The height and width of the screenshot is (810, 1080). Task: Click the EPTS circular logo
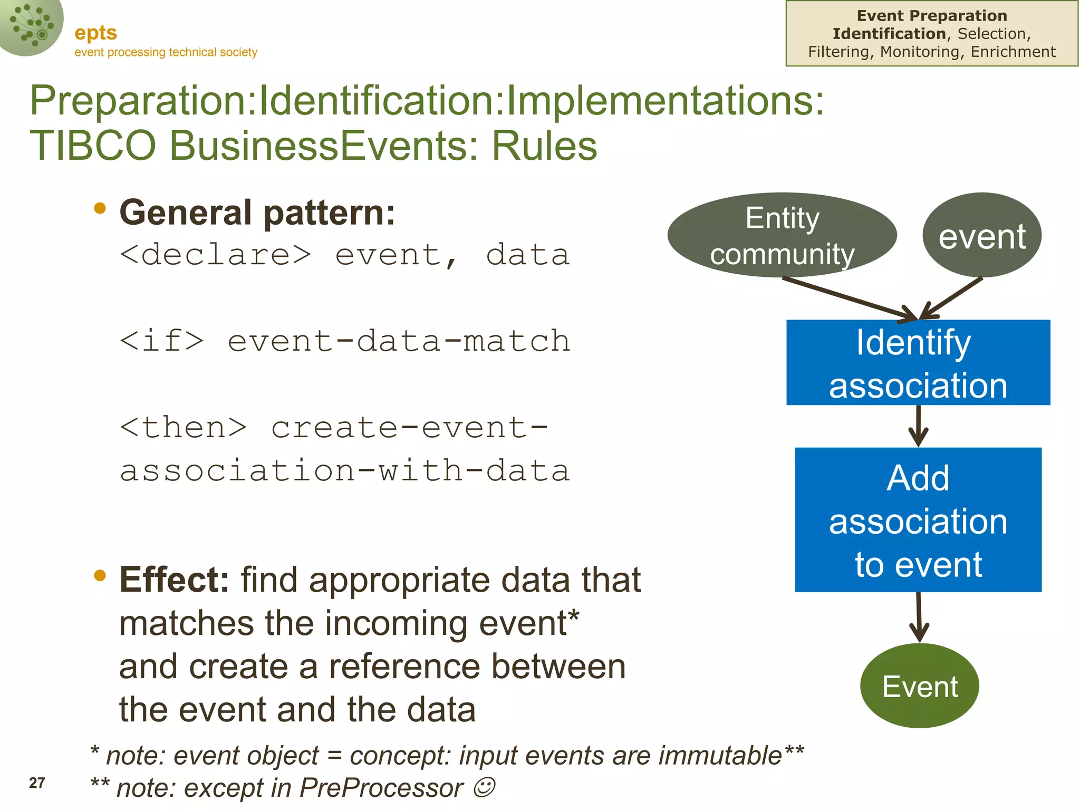point(31,25)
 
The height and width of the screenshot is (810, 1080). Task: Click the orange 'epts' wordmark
point(95,33)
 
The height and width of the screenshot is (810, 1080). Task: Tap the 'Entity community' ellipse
point(782,235)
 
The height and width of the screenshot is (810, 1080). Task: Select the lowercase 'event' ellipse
point(981,235)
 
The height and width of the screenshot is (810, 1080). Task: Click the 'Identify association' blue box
point(918,362)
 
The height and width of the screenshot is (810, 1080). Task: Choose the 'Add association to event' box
point(918,519)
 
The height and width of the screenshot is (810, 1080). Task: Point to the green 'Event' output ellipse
point(919,686)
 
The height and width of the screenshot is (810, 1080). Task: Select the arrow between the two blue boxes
point(918,426)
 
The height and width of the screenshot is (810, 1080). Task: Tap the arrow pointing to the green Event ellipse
point(919,616)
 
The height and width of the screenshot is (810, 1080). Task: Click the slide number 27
point(37,783)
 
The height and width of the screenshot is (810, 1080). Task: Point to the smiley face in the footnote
point(484,787)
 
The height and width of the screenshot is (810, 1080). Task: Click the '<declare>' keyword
point(215,255)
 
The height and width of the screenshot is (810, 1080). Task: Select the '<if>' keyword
point(161,341)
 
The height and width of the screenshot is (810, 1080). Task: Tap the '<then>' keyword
point(183,427)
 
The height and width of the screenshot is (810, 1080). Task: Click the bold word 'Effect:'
point(174,580)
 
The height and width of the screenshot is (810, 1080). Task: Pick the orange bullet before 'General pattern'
point(100,208)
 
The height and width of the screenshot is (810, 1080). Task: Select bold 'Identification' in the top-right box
point(889,34)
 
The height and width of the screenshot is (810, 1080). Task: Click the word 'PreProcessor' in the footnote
point(381,788)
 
